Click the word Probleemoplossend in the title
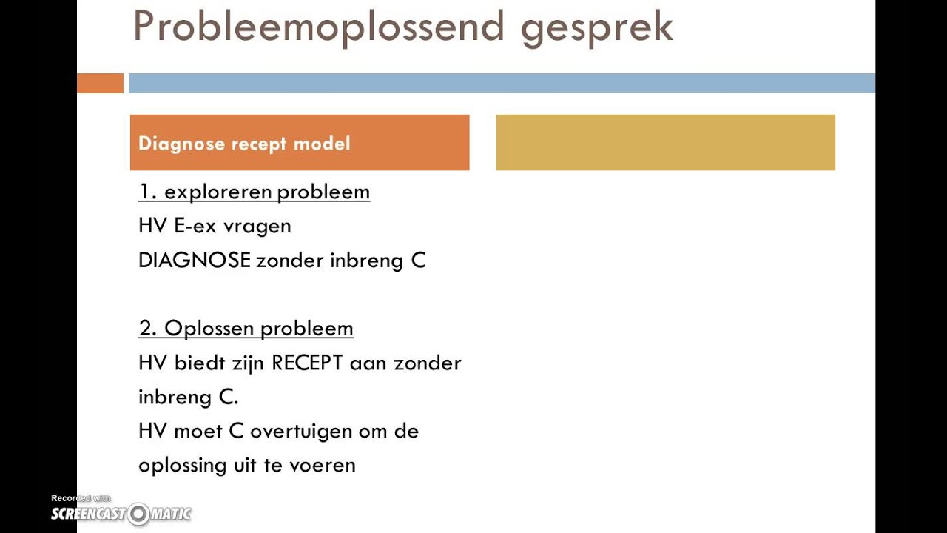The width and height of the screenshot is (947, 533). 319,26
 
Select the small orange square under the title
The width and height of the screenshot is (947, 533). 100,84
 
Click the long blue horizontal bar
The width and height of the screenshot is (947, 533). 501,84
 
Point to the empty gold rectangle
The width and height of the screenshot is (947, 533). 665,143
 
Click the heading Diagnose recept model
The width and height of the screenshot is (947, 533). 244,144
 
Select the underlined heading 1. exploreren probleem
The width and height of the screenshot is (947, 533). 254,192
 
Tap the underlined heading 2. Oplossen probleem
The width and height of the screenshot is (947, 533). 246,328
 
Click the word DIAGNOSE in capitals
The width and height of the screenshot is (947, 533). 194,261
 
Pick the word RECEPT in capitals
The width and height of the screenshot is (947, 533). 307,363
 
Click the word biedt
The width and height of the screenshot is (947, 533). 198,363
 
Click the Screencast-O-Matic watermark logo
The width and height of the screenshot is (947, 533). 121,514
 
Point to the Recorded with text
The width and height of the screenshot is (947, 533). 81,498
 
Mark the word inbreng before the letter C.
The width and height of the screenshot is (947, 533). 176,398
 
